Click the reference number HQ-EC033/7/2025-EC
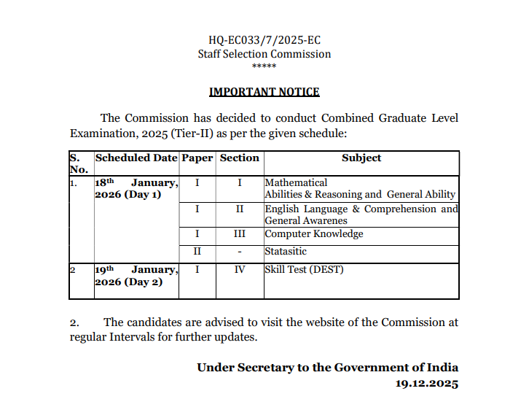pos(264,41)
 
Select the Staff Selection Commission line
pos(264,54)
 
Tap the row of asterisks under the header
pos(264,66)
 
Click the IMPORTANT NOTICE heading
pos(264,92)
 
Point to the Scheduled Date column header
pos(136,158)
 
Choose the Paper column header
pos(197,158)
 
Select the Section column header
pos(240,158)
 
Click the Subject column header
pos(361,158)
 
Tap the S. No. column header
pos(79,163)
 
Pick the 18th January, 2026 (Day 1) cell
pos(136,189)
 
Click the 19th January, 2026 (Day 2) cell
pos(136,276)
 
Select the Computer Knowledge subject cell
pos(314,234)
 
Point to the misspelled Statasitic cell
pos(286,252)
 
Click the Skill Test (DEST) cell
pos(304,270)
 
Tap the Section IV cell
pos(240,270)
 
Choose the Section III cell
pos(240,234)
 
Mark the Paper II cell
pos(197,252)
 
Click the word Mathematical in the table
pos(296,182)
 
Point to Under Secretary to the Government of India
pos(328,368)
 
